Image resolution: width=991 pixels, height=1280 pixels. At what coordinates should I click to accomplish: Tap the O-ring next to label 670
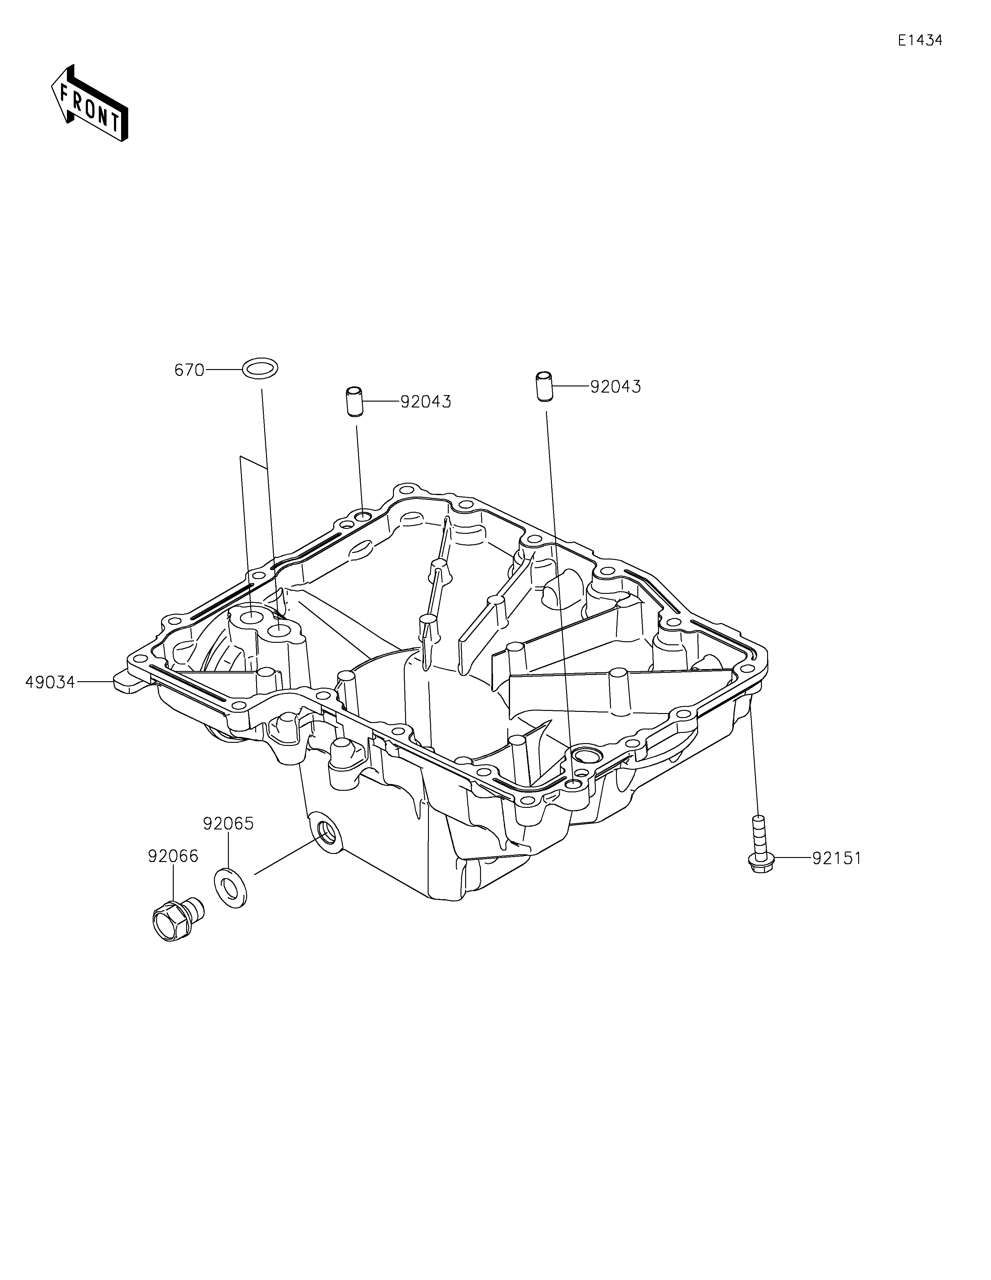[x=260, y=369]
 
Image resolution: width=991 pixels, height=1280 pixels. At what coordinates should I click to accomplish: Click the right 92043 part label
[x=615, y=387]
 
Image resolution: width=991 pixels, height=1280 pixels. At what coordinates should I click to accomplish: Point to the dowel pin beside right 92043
[x=544, y=386]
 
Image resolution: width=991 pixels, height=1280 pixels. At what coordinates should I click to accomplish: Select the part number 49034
[x=50, y=682]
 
